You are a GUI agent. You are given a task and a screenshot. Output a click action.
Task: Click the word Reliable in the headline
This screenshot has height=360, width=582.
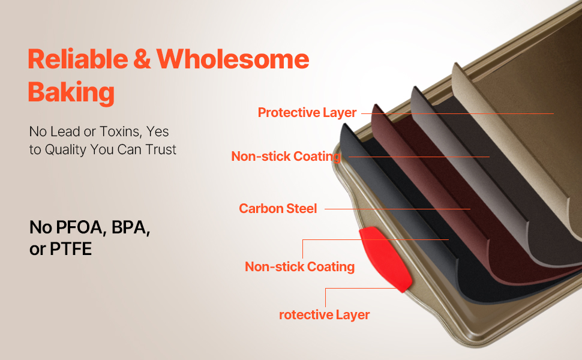pos(78,59)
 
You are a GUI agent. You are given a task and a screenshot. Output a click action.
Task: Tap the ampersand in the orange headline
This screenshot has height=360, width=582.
pos(142,59)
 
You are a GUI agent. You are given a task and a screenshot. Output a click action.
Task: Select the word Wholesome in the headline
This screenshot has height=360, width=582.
pos(233,59)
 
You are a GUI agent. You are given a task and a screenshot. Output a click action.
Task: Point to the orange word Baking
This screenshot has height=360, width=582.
pos(71,92)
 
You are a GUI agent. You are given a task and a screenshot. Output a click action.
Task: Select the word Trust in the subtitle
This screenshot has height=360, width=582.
pos(161,149)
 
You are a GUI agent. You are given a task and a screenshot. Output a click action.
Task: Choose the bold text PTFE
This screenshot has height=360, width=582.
pos(71,248)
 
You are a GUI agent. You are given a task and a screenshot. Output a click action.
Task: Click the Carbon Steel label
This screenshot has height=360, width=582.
pos(278,209)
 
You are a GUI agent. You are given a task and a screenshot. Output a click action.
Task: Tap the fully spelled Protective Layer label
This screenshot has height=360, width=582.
pos(307,112)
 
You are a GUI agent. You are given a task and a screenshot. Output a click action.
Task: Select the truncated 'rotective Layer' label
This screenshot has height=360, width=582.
pos(325,315)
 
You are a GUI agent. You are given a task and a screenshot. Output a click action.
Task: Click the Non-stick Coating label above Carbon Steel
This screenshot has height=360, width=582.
pos(286,156)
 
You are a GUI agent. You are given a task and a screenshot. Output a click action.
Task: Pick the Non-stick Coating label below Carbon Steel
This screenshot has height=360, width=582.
pos(299,266)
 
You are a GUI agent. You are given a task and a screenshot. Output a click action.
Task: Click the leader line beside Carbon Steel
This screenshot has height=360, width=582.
pos(398,209)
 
